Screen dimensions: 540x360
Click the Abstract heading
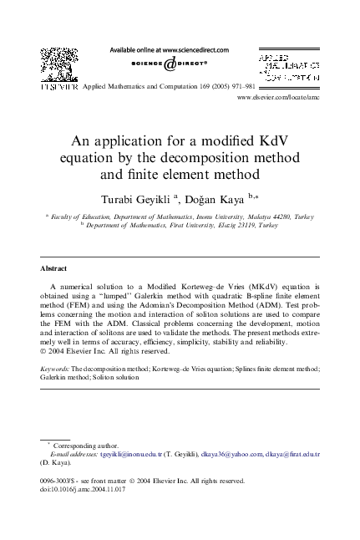pyautogui.click(x=54, y=268)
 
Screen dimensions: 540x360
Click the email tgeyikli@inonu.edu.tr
pyautogui.click(x=127, y=453)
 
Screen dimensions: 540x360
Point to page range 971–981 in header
pyautogui.click(x=239, y=85)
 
